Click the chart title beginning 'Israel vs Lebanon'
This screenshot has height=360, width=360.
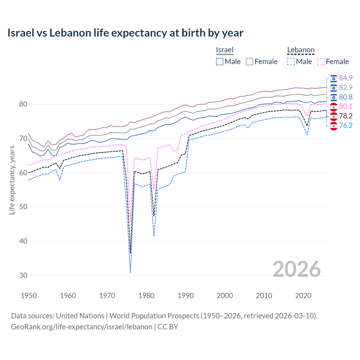125,33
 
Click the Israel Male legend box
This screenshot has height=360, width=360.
220,62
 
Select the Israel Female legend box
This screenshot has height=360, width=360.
249,62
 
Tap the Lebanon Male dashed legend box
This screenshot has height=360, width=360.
291,62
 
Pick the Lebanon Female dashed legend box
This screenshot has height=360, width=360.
321,62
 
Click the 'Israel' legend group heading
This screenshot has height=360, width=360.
225,50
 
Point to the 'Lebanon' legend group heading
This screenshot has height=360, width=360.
301,50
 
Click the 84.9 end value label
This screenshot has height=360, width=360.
346,78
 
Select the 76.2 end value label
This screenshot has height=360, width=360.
346,125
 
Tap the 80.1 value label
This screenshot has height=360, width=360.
346,106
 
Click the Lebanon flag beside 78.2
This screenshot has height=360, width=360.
334,116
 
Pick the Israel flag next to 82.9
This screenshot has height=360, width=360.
334,88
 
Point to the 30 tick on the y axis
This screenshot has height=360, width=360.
23,275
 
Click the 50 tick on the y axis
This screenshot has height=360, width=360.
23,207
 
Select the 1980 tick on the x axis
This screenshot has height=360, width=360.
146,296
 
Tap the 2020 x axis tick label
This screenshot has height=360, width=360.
303,296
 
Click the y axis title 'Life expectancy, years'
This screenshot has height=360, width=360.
12,180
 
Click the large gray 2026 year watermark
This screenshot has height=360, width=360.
296,269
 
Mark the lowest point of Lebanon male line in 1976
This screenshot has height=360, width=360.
130,273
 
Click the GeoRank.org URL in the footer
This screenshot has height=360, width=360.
82,327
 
